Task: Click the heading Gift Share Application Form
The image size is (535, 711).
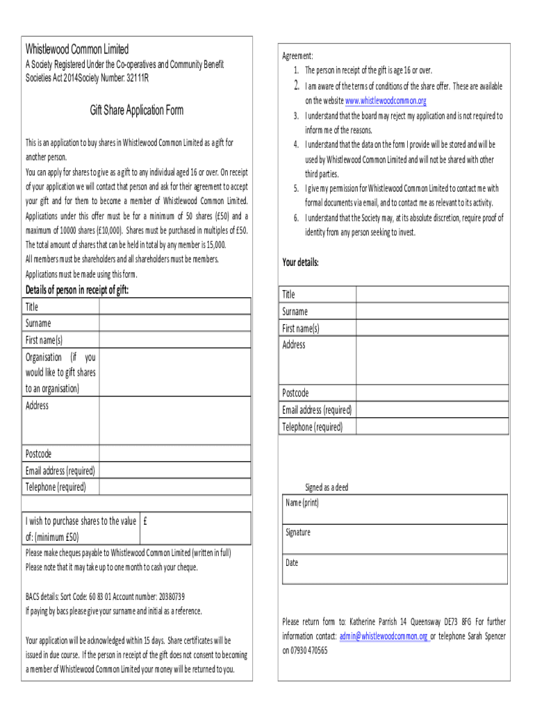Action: [136, 110]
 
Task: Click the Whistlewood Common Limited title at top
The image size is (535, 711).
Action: [77, 49]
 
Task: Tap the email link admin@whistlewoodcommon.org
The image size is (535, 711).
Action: [383, 636]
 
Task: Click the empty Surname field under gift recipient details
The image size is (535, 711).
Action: [174, 323]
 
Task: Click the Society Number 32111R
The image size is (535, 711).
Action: [127, 77]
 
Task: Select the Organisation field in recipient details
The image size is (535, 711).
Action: [174, 372]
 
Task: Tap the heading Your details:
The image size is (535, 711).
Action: [300, 262]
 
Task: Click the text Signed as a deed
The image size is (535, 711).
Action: [327, 487]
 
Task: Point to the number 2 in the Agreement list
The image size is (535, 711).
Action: [295, 86]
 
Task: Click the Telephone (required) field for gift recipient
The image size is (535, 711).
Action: [174, 487]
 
